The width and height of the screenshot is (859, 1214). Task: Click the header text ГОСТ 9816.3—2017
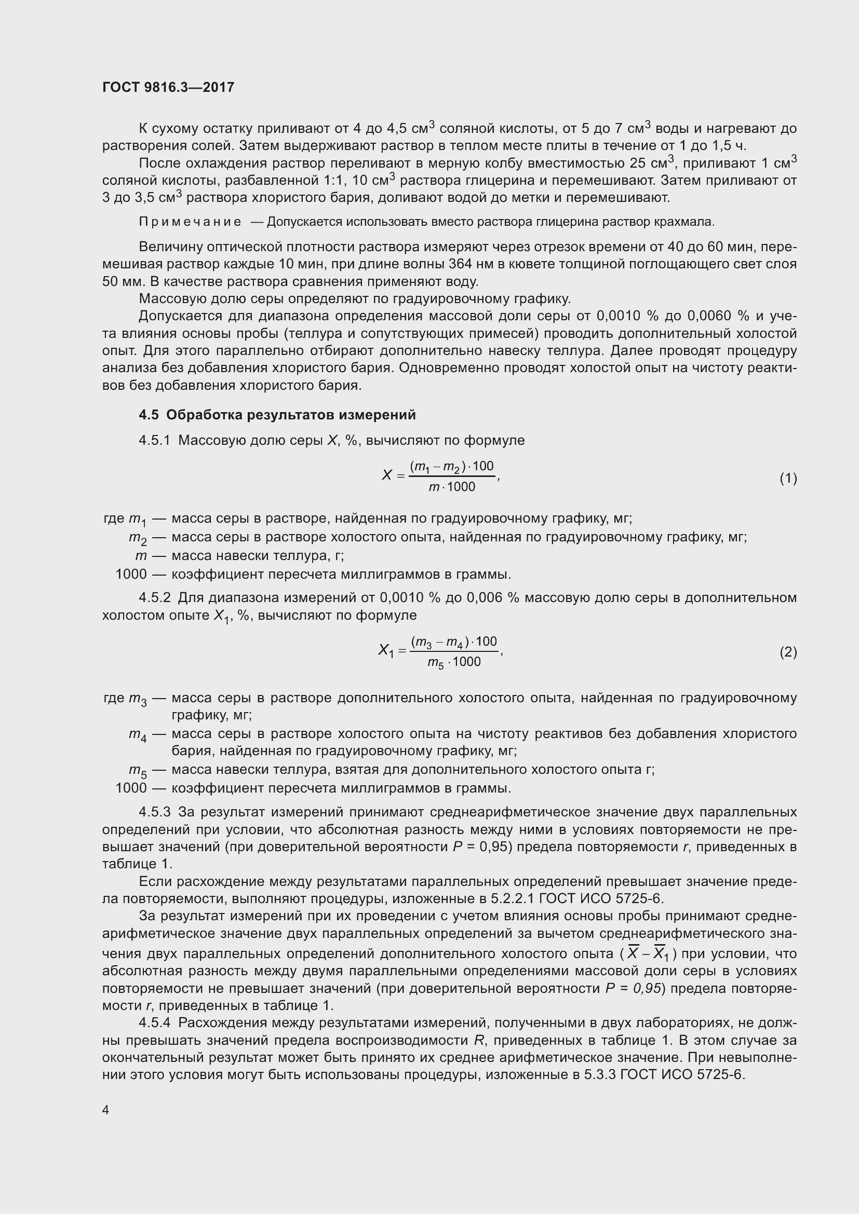pyautogui.click(x=168, y=87)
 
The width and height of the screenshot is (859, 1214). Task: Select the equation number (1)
pyautogui.click(x=788, y=478)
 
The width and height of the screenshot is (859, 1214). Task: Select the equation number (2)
pyautogui.click(x=788, y=652)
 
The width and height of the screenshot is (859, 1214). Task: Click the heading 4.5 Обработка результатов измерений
pyautogui.click(x=277, y=415)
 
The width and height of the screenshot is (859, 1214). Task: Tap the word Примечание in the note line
pyautogui.click(x=190, y=222)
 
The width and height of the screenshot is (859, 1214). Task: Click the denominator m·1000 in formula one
pyautogui.click(x=452, y=487)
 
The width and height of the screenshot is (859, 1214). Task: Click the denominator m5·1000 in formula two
pyautogui.click(x=454, y=662)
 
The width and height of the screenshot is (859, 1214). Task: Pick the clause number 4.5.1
pyautogui.click(x=154, y=440)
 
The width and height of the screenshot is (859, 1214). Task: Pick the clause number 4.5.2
pyautogui.click(x=154, y=597)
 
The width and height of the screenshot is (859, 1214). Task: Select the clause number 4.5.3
pyautogui.click(x=154, y=812)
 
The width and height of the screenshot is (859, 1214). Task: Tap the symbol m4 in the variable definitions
pyautogui.click(x=138, y=735)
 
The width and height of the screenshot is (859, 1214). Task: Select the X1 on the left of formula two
pyautogui.click(x=386, y=650)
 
